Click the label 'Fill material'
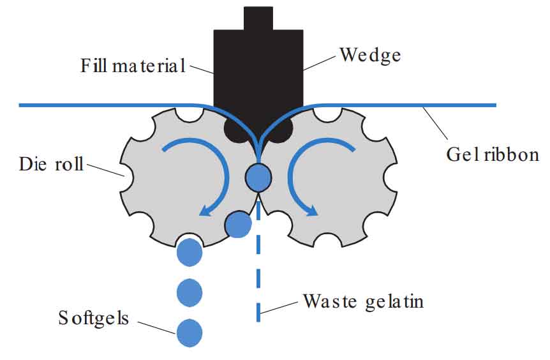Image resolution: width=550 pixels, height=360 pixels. pyautogui.click(x=133, y=65)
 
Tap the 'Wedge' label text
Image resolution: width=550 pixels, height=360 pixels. pyautogui.click(x=370, y=55)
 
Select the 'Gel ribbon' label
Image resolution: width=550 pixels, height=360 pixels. pyautogui.click(x=492, y=154)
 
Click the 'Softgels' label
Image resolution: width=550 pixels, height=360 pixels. pyautogui.click(x=93, y=317)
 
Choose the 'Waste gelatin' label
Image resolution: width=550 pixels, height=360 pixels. pyautogui.click(x=363, y=301)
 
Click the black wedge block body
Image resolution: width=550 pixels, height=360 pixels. pyautogui.click(x=258, y=70)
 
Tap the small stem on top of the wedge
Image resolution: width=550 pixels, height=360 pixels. pyautogui.click(x=258, y=17)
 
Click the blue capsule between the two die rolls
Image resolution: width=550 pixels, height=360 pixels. pyautogui.click(x=258, y=178)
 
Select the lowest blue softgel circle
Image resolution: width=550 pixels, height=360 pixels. pyautogui.click(x=190, y=333)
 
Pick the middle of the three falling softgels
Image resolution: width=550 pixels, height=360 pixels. pyautogui.click(x=190, y=292)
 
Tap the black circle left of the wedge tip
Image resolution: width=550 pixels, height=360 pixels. pyautogui.click(x=235, y=131)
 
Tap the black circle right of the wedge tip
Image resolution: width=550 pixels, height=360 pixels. pyautogui.click(x=281, y=131)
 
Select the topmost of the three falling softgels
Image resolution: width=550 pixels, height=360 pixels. pyautogui.click(x=190, y=252)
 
